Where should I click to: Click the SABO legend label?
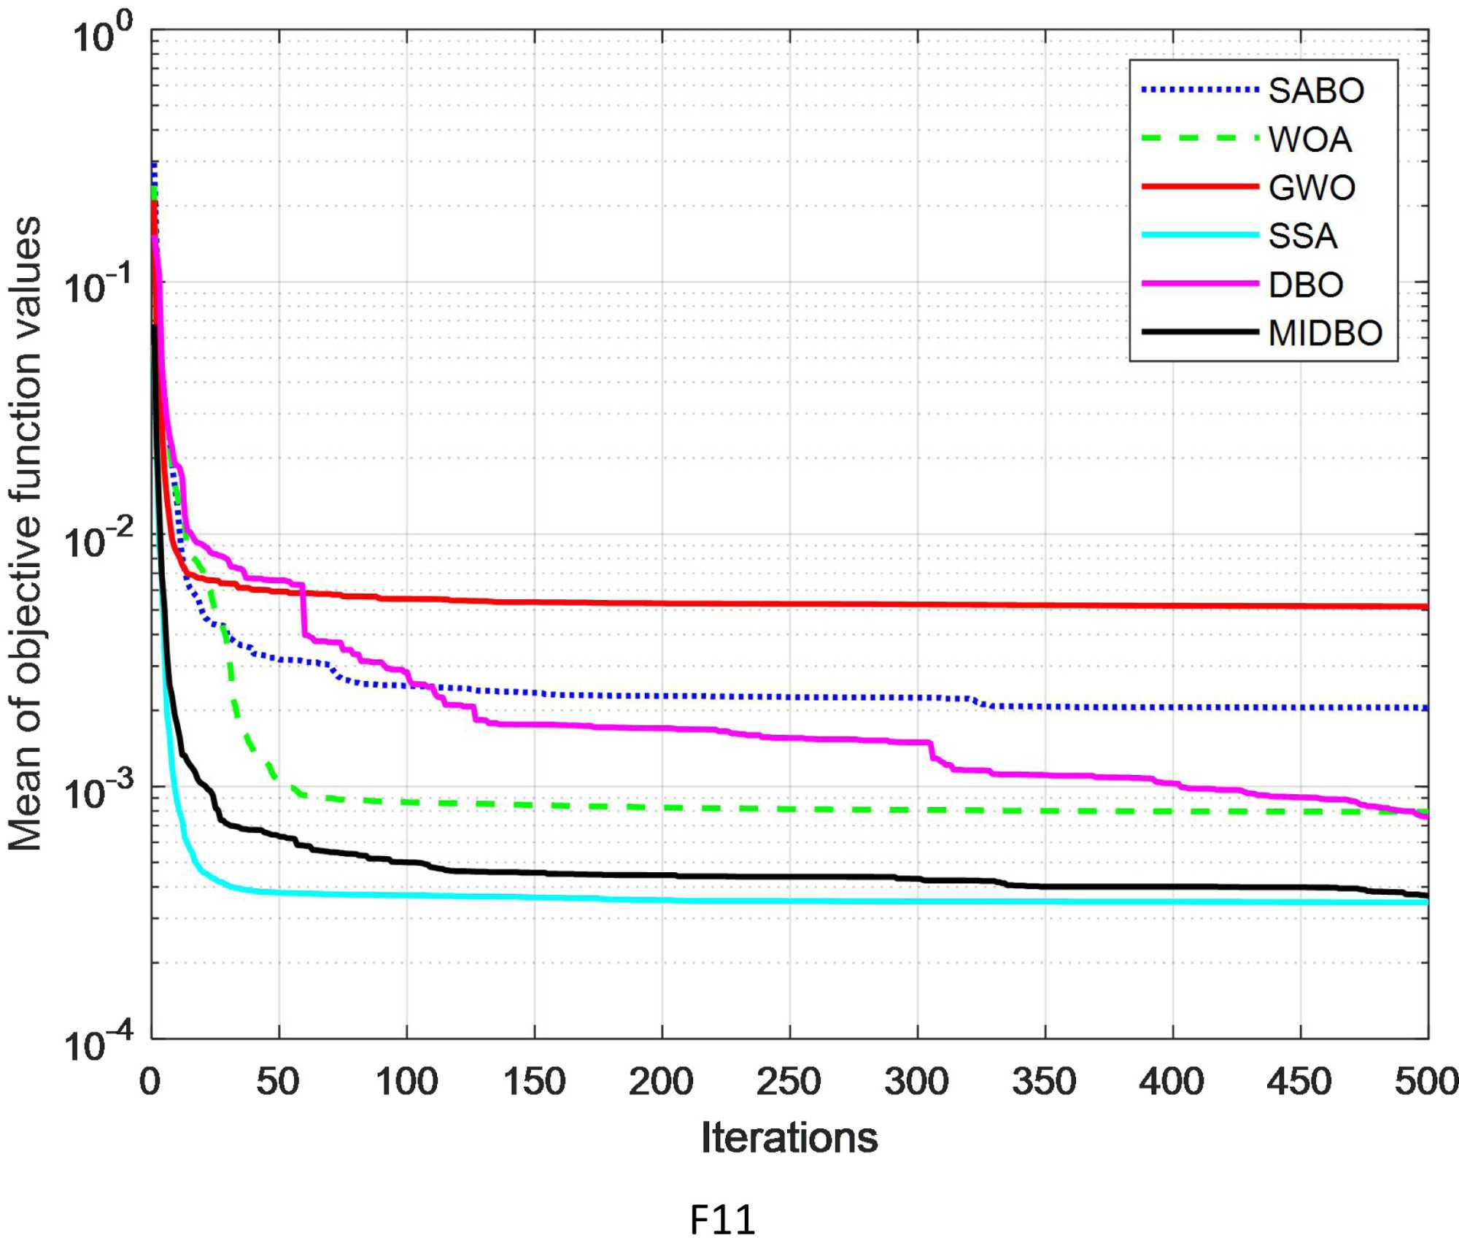click(x=1316, y=91)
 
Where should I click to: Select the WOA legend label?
click(x=1310, y=139)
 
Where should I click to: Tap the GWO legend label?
click(x=1312, y=188)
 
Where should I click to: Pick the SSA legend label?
click(x=1303, y=236)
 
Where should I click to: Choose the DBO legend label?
click(x=1306, y=285)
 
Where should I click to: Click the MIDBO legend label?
click(x=1325, y=334)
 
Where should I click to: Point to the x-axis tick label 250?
click(x=789, y=1081)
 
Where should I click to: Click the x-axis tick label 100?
click(x=406, y=1081)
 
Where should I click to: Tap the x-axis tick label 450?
click(x=1299, y=1081)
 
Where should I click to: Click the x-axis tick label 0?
click(x=150, y=1081)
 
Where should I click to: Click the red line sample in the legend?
click(x=1200, y=188)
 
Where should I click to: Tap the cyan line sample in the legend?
click(x=1200, y=236)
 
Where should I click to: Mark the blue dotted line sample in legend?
click(x=1200, y=91)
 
